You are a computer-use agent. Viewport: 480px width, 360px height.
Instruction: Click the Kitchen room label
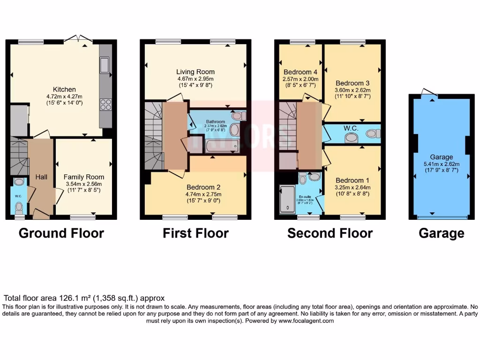[64, 90]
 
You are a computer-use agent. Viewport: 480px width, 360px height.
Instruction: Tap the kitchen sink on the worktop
[105, 66]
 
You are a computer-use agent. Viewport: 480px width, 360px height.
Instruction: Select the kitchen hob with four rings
[105, 105]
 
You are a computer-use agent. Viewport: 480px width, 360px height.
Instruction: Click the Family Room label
[84, 177]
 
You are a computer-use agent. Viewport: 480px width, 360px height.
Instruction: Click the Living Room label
[195, 72]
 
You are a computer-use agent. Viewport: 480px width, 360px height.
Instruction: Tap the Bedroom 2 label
[204, 187]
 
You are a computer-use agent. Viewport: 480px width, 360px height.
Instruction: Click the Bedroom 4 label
[300, 72]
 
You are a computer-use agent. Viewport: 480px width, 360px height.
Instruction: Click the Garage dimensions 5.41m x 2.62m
[442, 164]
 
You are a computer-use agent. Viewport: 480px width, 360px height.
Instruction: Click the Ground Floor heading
[61, 233]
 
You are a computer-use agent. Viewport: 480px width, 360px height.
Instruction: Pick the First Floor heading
[195, 233]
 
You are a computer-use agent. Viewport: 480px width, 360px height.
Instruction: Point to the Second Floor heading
[330, 233]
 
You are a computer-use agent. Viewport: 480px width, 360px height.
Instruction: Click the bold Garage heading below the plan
[441, 233]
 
